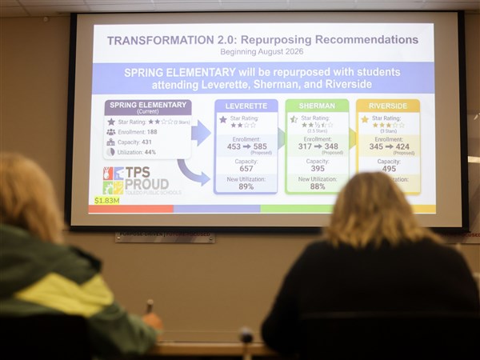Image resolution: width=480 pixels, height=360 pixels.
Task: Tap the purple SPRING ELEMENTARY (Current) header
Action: tap(148, 107)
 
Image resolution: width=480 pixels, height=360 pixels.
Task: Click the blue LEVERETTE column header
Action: tap(246, 106)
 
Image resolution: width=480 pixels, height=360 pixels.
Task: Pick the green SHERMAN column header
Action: tap(317, 106)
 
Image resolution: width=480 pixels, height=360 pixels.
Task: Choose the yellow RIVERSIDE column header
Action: tap(388, 106)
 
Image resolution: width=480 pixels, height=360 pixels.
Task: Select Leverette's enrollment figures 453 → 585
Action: tap(246, 146)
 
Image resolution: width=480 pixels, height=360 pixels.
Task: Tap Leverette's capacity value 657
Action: tap(246, 169)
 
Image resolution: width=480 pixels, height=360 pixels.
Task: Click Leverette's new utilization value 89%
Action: tap(246, 186)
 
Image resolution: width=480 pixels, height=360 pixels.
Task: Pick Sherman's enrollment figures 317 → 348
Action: tap(317, 146)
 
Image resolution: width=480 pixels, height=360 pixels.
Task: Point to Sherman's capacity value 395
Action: tap(317, 169)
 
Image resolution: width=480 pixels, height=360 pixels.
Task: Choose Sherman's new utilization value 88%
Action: tap(317, 186)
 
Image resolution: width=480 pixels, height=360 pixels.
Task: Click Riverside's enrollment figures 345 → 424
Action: tap(388, 146)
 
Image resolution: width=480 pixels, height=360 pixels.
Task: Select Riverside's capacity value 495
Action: tap(388, 169)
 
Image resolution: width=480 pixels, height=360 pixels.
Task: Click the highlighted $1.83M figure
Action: tap(107, 201)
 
